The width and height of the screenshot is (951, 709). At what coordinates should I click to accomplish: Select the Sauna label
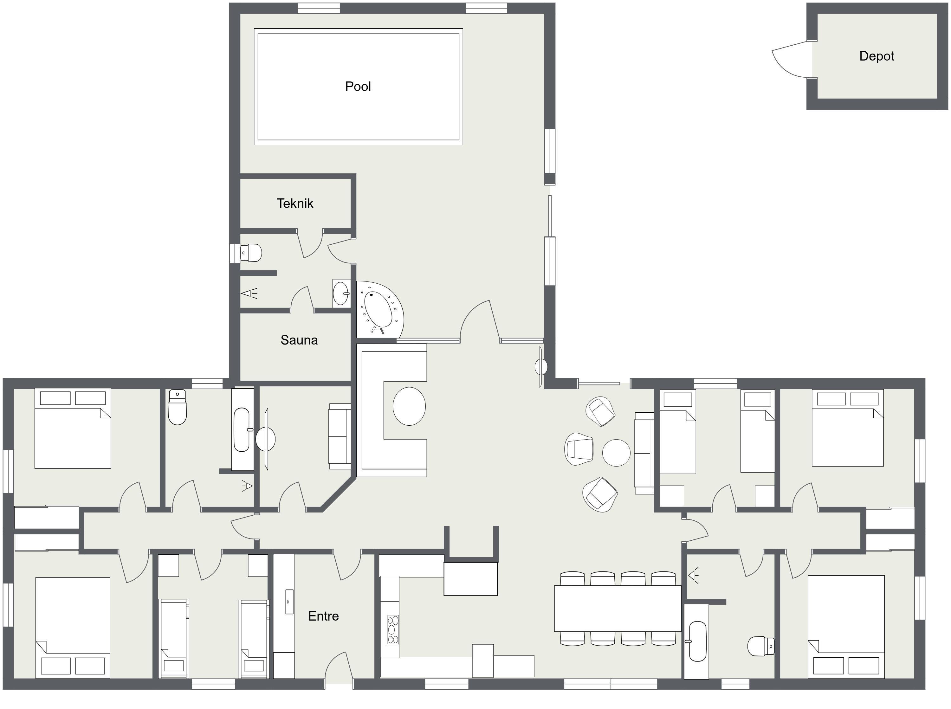(299, 340)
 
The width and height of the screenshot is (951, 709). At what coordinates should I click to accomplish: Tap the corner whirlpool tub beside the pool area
(380, 309)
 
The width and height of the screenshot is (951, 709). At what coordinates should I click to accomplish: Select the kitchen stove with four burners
(393, 629)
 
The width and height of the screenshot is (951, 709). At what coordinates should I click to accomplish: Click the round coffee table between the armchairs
(616, 453)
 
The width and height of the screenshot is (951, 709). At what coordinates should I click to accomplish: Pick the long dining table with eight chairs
(618, 609)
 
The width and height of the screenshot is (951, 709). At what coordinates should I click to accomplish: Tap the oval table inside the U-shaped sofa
(409, 406)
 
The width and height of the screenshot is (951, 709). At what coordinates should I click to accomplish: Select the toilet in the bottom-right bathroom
(761, 646)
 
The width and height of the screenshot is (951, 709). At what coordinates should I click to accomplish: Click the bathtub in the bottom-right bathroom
(697, 641)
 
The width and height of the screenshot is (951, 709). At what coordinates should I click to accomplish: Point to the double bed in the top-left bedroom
(73, 428)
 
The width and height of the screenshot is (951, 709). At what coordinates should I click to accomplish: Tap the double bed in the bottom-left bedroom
(73, 628)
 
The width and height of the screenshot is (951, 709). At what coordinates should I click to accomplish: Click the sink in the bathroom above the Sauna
(341, 293)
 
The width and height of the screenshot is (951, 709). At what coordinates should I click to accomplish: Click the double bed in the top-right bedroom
(848, 428)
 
